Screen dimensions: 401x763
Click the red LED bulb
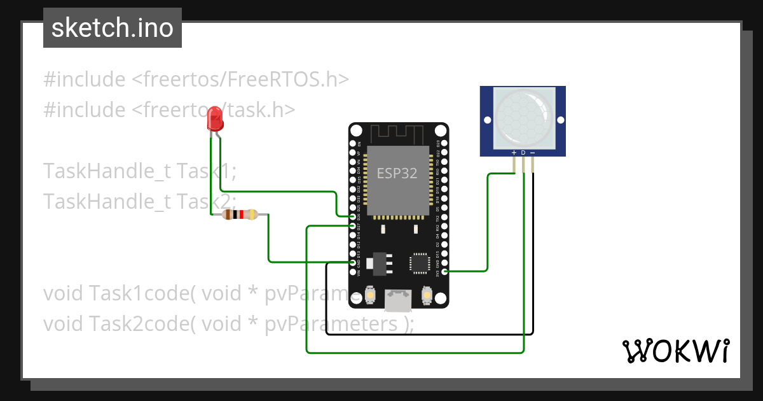pos(215,119)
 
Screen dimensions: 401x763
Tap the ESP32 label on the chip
pos(397,173)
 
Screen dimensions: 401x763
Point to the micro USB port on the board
pos(398,297)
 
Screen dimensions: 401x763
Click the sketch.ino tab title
pos(112,28)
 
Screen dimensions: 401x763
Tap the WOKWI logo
pos(675,351)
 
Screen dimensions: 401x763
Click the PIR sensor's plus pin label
pos(514,153)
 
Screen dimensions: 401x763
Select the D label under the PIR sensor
pos(523,153)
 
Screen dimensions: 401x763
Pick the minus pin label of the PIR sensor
pos(532,153)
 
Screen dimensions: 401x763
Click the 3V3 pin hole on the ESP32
pos(444,272)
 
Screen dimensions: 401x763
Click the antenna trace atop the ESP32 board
pos(398,134)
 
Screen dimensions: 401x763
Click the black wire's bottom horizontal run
pos(429,333)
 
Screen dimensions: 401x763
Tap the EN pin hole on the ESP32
pos(354,144)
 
